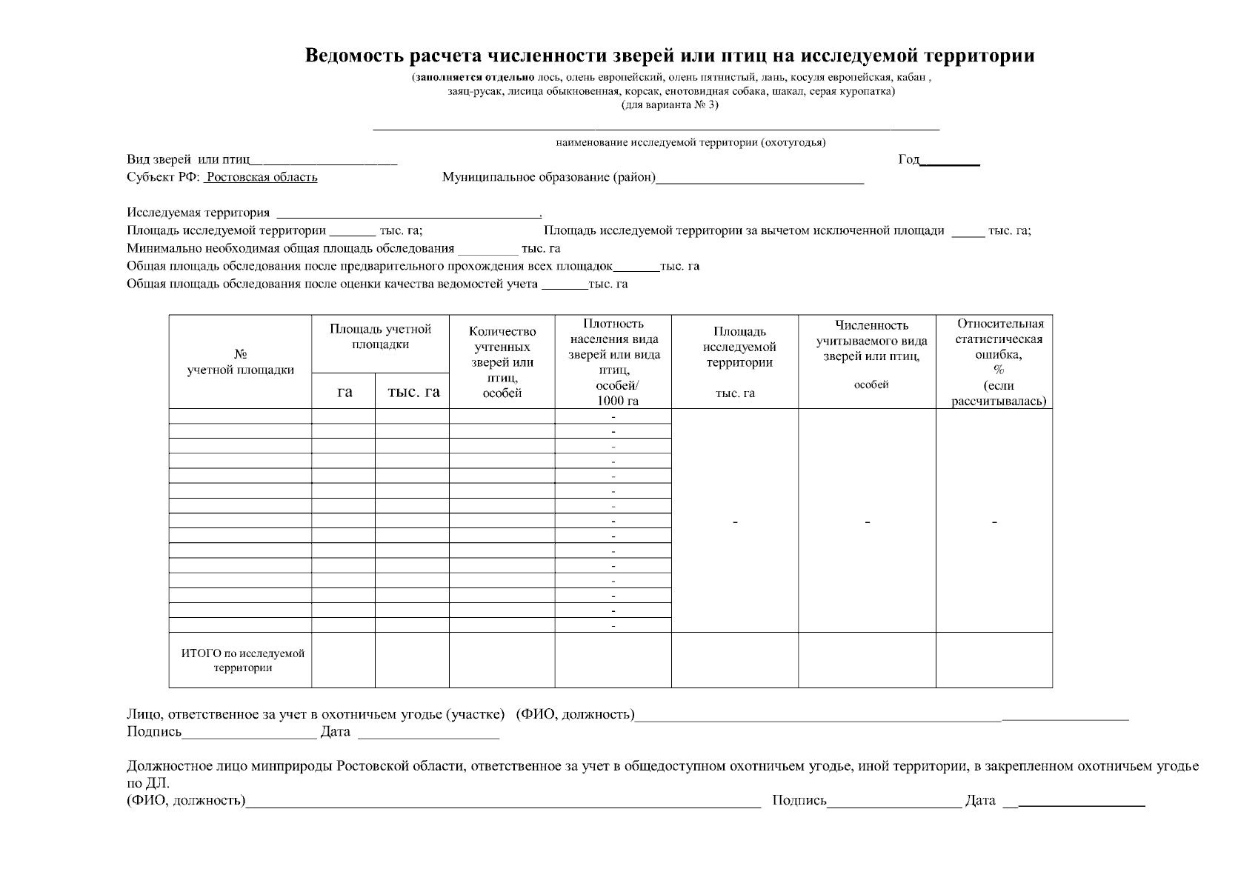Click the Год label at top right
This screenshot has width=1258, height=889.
[908, 159]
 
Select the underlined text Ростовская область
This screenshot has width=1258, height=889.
[262, 177]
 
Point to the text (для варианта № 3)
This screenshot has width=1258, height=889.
[670, 104]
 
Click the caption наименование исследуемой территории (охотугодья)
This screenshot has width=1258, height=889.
[690, 142]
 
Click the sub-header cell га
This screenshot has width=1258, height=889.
[344, 392]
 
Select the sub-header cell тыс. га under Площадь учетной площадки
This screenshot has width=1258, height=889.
[413, 392]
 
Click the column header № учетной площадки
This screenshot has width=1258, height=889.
[240, 362]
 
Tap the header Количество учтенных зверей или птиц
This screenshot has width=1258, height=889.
[502, 362]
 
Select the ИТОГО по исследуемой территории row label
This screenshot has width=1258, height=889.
[242, 660]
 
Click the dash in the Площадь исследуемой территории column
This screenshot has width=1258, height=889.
[735, 523]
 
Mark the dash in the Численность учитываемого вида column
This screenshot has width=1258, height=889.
[867, 523]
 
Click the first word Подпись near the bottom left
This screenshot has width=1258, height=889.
[154, 732]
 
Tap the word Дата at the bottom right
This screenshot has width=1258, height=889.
[979, 800]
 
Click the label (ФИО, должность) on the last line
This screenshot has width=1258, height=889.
[186, 800]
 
